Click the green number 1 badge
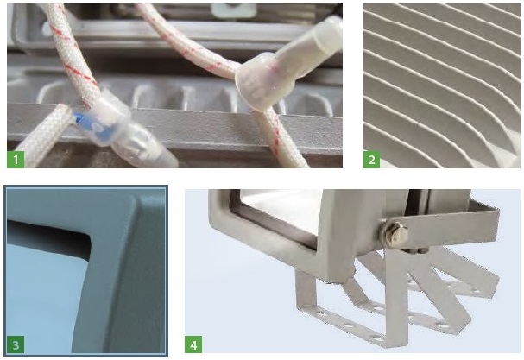(16, 159)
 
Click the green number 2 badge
(371, 160)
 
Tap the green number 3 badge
(16, 344)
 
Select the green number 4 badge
(193, 344)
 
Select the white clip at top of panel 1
(234, 10)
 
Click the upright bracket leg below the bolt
(396, 294)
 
